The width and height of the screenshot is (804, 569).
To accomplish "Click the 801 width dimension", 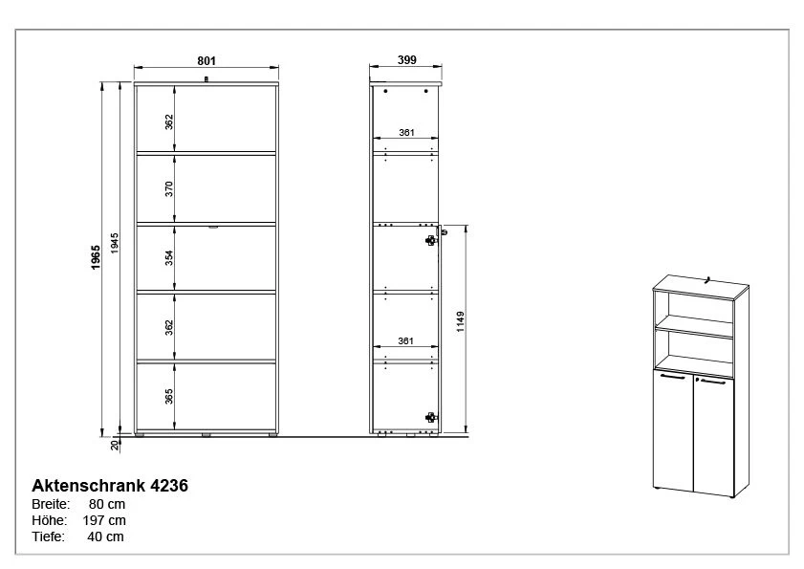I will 206,60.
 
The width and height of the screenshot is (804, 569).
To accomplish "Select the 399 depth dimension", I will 406,60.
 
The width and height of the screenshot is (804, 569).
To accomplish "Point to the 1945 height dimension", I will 115,244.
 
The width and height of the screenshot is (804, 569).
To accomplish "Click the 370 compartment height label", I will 169,188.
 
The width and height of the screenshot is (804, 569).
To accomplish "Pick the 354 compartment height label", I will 169,257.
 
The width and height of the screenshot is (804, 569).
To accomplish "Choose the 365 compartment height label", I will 169,396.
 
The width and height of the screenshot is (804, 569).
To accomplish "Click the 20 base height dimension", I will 115,445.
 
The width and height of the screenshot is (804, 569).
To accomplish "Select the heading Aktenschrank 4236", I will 110,486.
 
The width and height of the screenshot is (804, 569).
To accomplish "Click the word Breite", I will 51,504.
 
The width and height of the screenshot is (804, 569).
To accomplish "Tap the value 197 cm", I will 105,520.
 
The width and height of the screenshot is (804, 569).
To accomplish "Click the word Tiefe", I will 49,536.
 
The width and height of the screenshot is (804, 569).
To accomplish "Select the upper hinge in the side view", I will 431,240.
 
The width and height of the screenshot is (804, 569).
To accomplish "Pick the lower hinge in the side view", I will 431,417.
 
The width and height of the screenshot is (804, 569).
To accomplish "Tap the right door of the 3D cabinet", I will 713,430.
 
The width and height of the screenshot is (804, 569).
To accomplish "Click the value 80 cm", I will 105,504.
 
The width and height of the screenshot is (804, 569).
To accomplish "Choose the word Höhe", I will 49,520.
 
